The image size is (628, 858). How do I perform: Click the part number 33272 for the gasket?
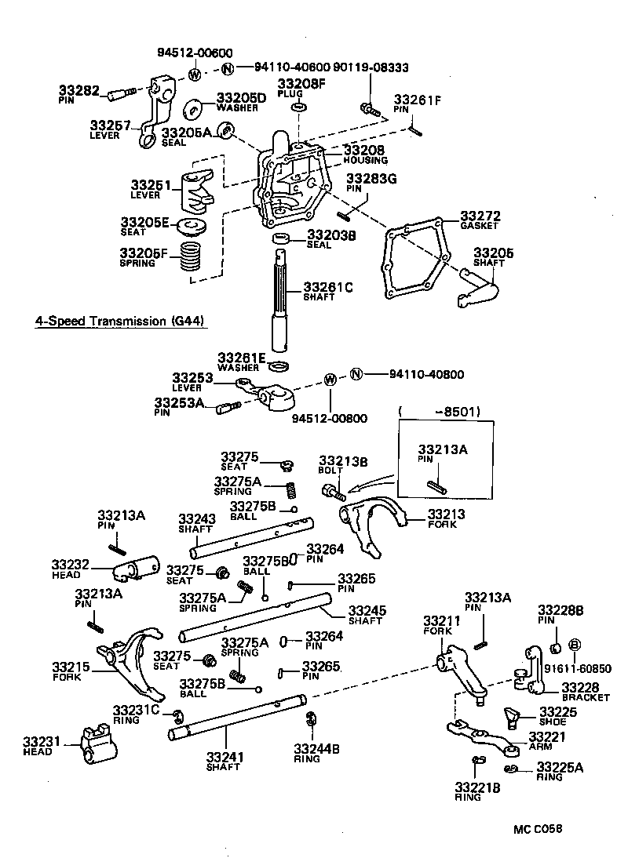[480, 216]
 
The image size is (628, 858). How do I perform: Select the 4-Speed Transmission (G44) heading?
[122, 322]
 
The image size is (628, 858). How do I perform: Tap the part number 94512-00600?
[195, 53]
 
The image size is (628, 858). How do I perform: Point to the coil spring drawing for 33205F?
[186, 257]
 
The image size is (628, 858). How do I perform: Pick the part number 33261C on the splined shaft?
[329, 288]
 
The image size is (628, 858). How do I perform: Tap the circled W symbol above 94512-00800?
[330, 380]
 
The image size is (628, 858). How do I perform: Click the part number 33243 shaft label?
[196, 518]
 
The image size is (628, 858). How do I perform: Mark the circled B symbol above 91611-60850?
[574, 645]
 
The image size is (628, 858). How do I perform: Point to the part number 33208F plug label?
[298, 82]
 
